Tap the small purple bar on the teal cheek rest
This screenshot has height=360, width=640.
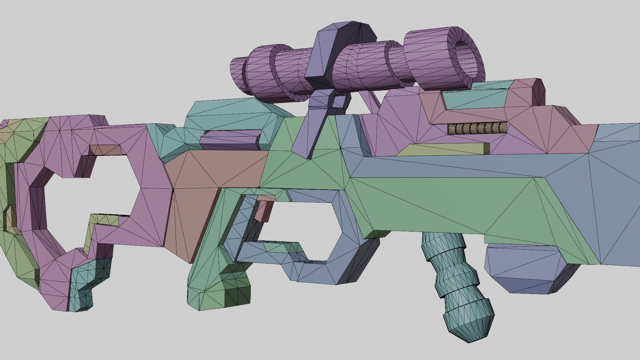coord(230,139)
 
